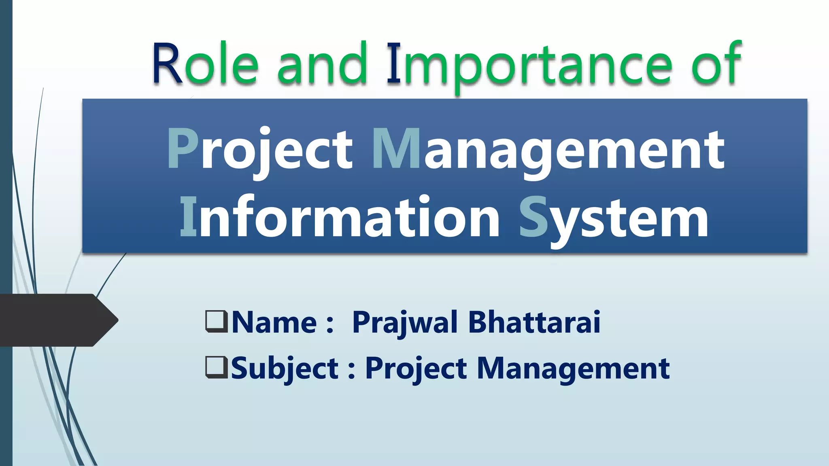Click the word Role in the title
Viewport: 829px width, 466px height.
205,64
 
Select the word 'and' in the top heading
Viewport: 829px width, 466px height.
322,64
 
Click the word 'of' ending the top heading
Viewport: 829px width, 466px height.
716,64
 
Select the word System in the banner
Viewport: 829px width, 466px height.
614,218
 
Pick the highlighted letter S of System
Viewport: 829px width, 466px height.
534,217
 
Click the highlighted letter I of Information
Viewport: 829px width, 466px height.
188,216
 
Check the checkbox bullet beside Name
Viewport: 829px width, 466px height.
217,321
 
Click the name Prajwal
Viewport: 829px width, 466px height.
405,323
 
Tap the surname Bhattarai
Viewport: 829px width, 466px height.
534,322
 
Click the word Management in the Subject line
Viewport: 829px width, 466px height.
573,368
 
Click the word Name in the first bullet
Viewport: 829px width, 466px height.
274,322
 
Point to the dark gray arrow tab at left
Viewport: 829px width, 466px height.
57,320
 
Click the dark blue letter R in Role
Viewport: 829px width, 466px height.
167,64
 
